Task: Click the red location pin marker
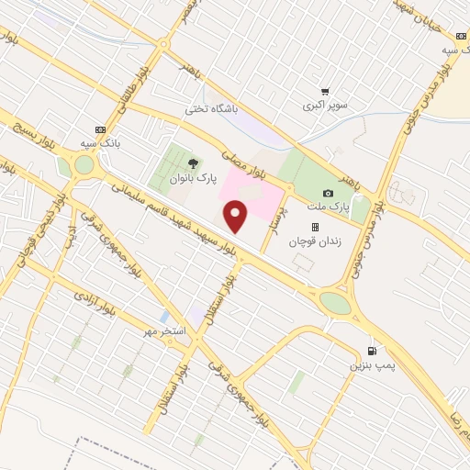click(236, 218)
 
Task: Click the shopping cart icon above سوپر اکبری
click(325, 91)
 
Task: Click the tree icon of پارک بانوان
click(191, 164)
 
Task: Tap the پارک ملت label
click(329, 207)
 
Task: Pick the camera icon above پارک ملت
click(329, 193)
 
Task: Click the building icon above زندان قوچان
click(315, 227)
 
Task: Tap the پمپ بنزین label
click(370, 365)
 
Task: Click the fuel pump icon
click(371, 351)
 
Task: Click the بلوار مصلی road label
click(247, 158)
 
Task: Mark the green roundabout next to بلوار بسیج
click(84, 164)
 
